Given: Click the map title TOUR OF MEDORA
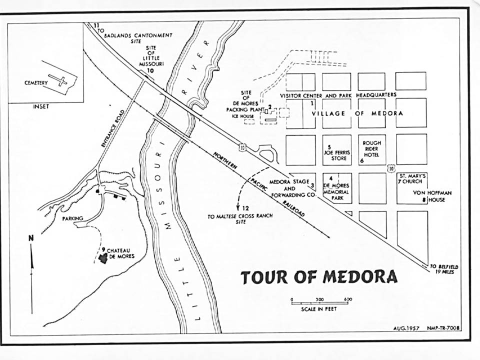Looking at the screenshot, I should tap(319, 277).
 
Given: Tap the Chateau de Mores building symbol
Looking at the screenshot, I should tap(103, 258).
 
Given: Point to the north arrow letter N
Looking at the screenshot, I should tap(31, 238).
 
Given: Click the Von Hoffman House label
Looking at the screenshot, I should tap(428, 196).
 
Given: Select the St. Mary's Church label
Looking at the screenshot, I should tap(412, 179).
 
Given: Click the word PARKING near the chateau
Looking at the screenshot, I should tap(72, 218).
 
